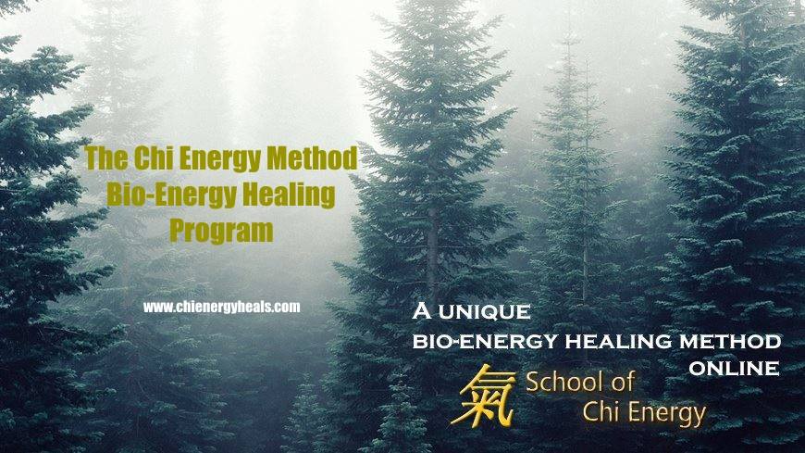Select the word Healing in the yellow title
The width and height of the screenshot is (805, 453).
coord(289,195)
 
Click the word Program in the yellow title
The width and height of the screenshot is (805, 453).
coord(221,231)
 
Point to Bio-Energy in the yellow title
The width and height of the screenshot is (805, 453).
coord(171,195)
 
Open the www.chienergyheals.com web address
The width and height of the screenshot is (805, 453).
coord(222,307)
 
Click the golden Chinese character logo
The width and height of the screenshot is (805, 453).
coord(483,396)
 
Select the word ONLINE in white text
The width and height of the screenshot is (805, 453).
coord(734,368)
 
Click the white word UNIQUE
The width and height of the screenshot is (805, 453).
coord(485,311)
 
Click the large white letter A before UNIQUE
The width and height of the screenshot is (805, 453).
coord(422,310)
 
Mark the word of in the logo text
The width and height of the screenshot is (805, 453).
coord(621,382)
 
